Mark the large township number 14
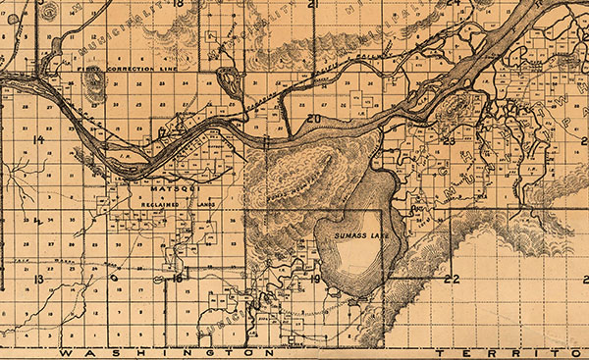(x=38, y=140)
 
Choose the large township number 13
(x=38, y=280)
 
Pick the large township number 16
(x=178, y=279)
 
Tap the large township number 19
(x=315, y=280)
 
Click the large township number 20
(x=313, y=121)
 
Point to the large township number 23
(x=450, y=141)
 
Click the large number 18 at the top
(x=178, y=4)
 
